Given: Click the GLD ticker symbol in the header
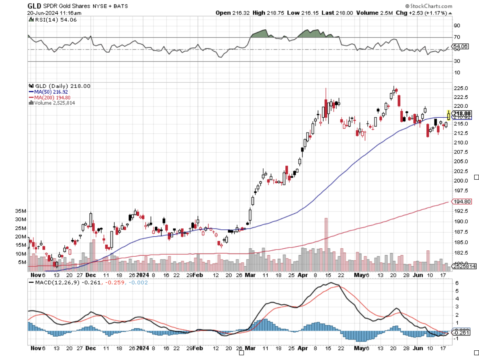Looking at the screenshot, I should [35, 6].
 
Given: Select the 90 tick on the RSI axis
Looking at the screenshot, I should [457, 26].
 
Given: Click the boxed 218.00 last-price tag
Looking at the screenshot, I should [461, 114].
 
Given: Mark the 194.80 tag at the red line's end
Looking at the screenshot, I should [461, 202].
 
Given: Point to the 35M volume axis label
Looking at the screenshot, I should [21, 211].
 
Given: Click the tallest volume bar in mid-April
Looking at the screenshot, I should [326, 241].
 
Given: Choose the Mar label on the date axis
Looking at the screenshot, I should [250, 275].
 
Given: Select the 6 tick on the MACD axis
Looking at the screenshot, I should [456, 283].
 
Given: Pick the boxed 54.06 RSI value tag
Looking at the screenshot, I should [461, 47].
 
